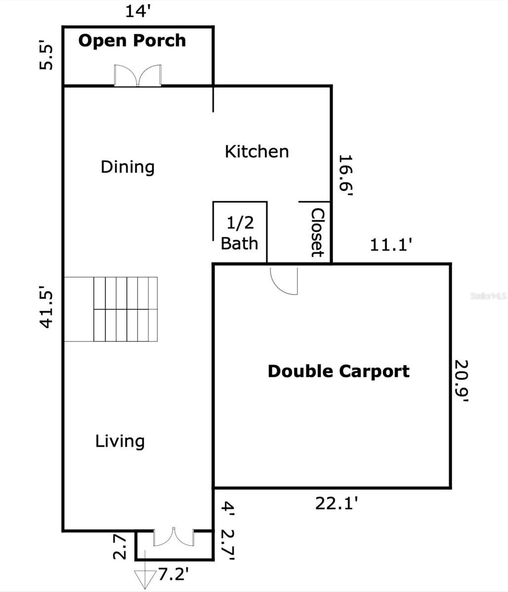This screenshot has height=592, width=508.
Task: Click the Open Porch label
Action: [x=132, y=41]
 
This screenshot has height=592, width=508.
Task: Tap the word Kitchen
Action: [x=257, y=151]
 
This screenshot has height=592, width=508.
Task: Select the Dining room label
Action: [x=127, y=167]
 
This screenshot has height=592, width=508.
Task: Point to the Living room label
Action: [x=120, y=442]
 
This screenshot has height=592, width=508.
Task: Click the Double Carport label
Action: [x=339, y=372]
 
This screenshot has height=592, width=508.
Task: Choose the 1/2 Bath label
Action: [x=239, y=233]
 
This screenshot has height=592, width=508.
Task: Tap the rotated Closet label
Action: [x=317, y=232]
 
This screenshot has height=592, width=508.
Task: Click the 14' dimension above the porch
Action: [x=138, y=12]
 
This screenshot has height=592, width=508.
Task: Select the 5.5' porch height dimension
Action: [x=46, y=57]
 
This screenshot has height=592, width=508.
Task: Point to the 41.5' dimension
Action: [x=46, y=307]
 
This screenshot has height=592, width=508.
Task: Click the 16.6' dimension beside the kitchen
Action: [x=345, y=175]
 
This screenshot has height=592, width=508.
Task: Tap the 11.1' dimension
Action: [x=391, y=245]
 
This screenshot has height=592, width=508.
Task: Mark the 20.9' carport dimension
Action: [x=461, y=380]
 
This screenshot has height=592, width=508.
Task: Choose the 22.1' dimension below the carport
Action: [x=337, y=504]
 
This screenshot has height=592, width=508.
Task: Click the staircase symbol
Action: [x=111, y=309]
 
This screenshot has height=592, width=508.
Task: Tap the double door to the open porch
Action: [x=138, y=75]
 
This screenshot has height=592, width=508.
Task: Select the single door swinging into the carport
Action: [x=284, y=281]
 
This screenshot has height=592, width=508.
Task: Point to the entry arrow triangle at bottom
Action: [x=145, y=579]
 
